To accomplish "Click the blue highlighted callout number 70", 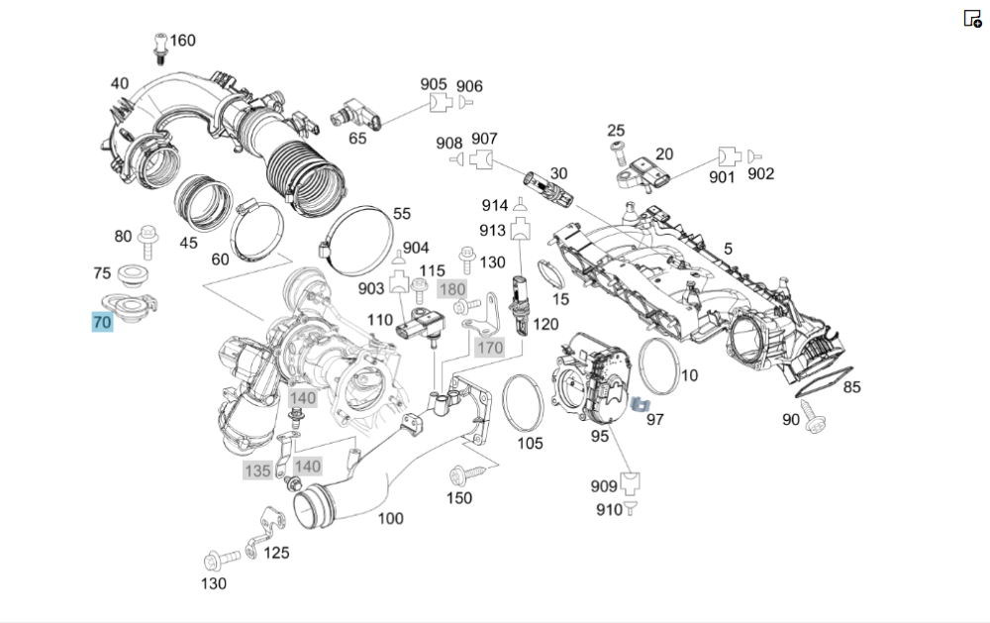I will [x=102, y=322].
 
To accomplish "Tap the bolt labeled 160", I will [x=158, y=45].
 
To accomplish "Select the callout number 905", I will [x=434, y=85].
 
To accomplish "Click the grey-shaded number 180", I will [x=451, y=289].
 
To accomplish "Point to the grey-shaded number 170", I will [x=490, y=348].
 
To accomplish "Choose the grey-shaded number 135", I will [x=257, y=470].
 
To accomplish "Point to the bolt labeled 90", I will [x=818, y=422].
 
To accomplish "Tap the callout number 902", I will [x=760, y=174].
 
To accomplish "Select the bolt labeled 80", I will [x=148, y=236].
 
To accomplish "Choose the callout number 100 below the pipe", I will [x=391, y=518].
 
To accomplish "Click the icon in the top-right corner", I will [x=971, y=18].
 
